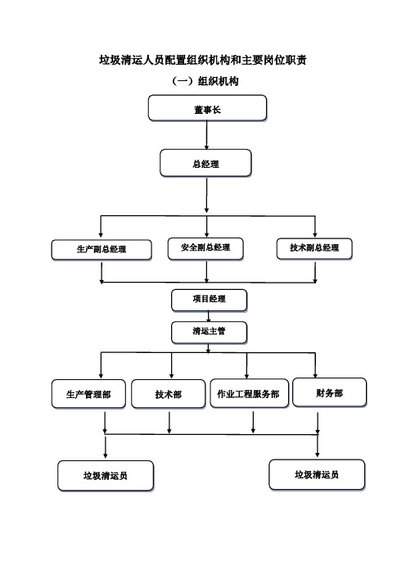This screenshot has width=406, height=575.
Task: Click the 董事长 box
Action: coord(207,108)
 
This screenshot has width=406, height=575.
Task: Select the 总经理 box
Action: coord(205,163)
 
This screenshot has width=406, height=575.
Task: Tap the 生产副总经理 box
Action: coord(101,250)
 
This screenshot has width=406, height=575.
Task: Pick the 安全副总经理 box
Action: coord(205,248)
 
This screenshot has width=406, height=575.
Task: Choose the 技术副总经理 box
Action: coord(314,248)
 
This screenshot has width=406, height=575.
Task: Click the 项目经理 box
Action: coord(210,300)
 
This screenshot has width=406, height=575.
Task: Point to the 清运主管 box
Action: coord(210,333)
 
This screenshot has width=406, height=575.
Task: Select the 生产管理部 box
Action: coord(88,394)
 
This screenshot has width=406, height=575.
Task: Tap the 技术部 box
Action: coord(168,394)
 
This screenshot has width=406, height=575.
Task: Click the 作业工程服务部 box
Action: coord(249,393)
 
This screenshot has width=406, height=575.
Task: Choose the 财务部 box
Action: coord(329,392)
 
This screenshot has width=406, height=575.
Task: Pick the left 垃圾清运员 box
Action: coord(106,476)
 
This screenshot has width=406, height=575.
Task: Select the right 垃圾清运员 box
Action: coord(317,474)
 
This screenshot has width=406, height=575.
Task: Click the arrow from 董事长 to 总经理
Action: coord(206,135)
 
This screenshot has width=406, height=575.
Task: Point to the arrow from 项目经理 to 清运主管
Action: coord(209,316)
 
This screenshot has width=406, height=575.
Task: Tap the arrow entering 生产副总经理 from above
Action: coord(101,226)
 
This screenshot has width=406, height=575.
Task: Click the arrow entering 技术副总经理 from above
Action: coord(315,226)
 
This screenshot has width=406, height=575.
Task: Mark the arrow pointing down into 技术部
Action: coord(172,365)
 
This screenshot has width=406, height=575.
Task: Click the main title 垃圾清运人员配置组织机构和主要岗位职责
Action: coord(203,60)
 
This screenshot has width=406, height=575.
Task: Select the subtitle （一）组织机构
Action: coord(205,81)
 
